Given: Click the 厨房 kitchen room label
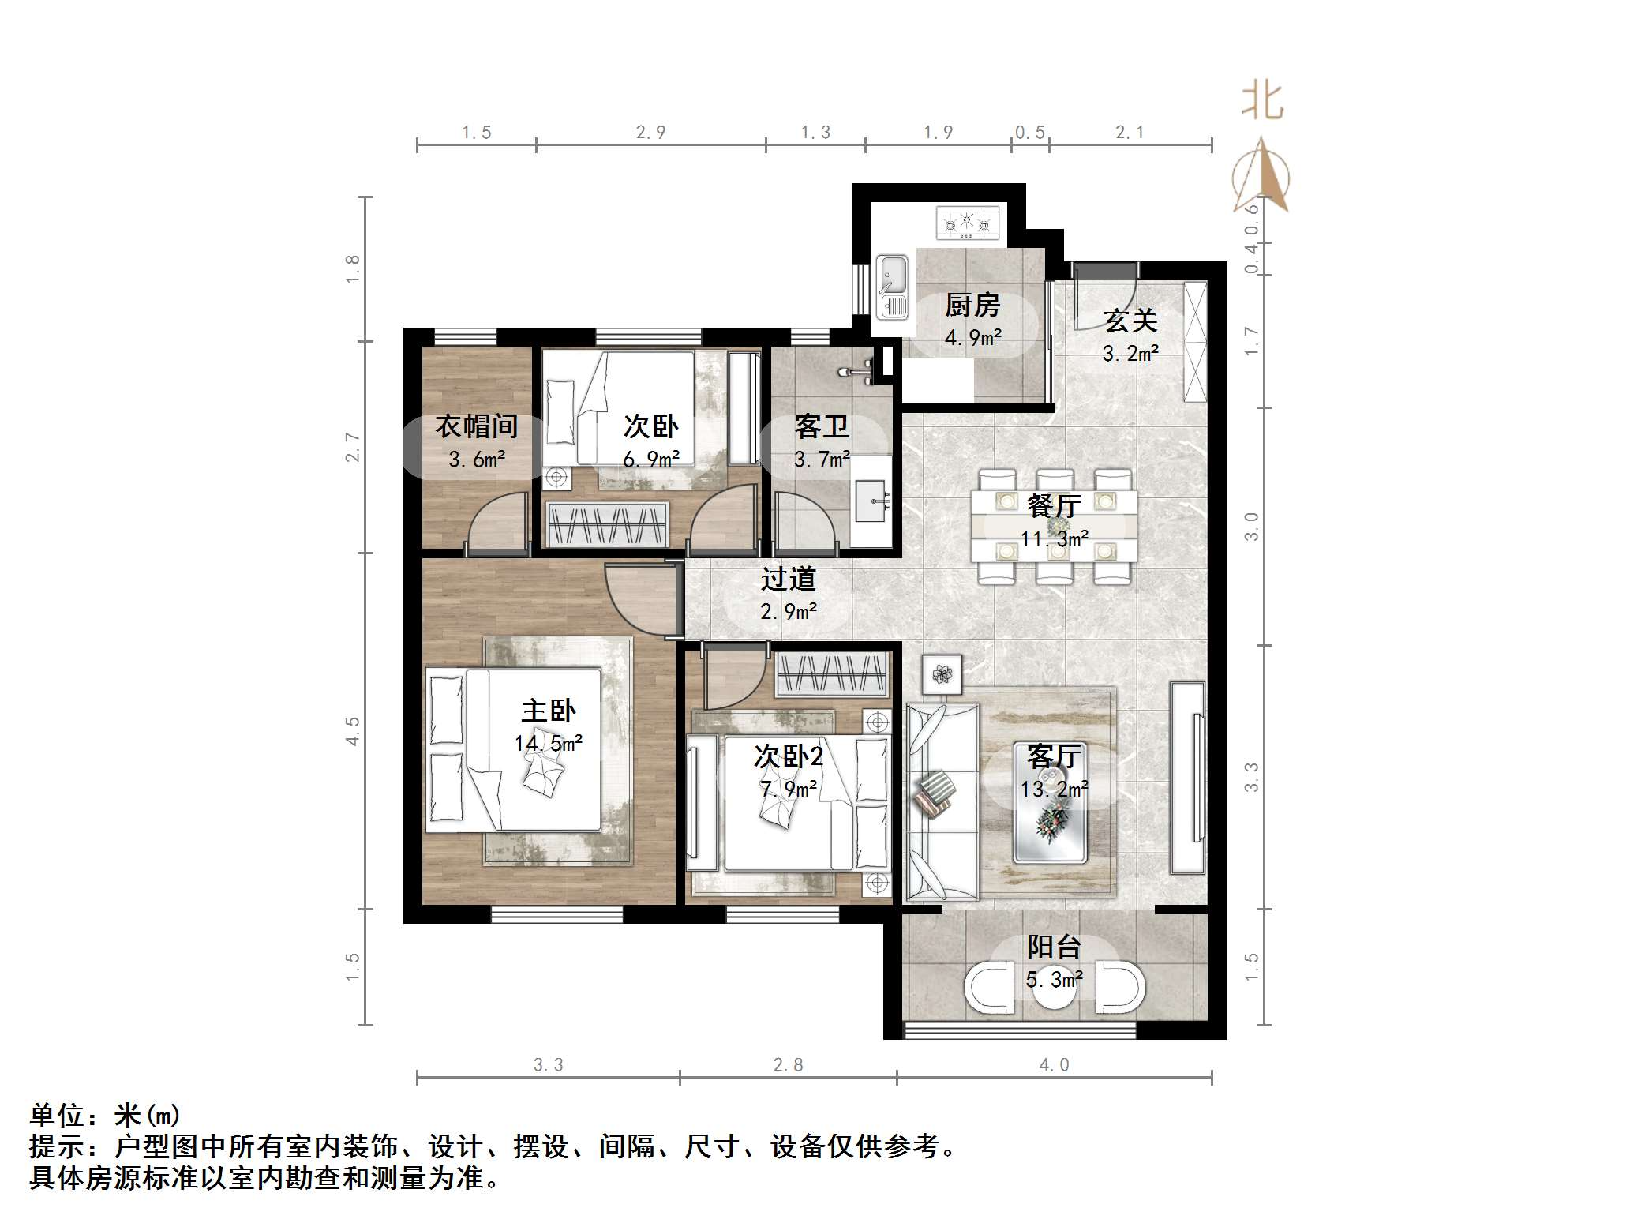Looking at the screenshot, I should pyautogui.click(x=972, y=306).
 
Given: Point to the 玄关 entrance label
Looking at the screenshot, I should pyautogui.click(x=1130, y=321).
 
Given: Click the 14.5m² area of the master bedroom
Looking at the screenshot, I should pyautogui.click(x=549, y=744).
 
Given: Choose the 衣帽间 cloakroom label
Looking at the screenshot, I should pyautogui.click(x=477, y=427).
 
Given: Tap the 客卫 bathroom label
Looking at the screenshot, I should pyautogui.click(x=822, y=428).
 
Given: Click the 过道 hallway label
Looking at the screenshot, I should pyautogui.click(x=788, y=580).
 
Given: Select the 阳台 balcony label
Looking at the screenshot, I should pyautogui.click(x=1054, y=947).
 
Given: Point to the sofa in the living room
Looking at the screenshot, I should pyautogui.click(x=942, y=801).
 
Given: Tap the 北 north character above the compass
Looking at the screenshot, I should pyautogui.click(x=1262, y=102).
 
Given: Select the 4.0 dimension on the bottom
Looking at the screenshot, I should pyautogui.click(x=1054, y=1065).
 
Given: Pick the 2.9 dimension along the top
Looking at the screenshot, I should pyautogui.click(x=650, y=133).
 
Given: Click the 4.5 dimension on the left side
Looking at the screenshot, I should pyautogui.click(x=352, y=731).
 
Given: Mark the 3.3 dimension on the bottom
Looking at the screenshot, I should pyautogui.click(x=548, y=1065).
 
